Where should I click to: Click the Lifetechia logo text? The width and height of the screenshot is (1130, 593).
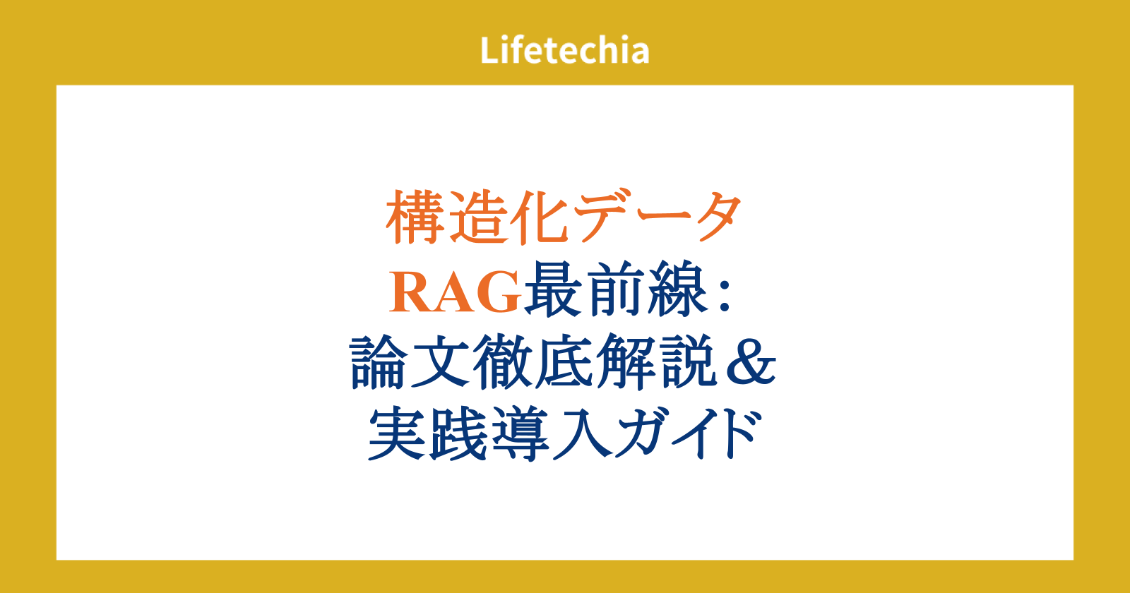[564, 50]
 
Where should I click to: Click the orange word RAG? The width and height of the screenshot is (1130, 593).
[455, 292]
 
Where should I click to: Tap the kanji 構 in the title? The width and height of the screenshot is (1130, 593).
[416, 217]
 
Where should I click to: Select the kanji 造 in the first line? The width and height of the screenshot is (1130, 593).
[478, 217]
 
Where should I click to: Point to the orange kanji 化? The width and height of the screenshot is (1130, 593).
[540, 217]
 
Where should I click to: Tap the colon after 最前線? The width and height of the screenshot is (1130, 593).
[725, 297]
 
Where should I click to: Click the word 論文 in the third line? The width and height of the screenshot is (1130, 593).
[410, 361]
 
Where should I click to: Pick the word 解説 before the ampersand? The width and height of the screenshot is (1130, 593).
[657, 361]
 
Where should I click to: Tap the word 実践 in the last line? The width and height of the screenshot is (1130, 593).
[428, 433]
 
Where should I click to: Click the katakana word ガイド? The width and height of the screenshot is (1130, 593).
[688, 433]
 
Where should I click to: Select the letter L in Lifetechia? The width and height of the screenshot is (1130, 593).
[490, 50]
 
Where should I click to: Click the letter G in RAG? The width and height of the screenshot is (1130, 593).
[499, 292]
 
